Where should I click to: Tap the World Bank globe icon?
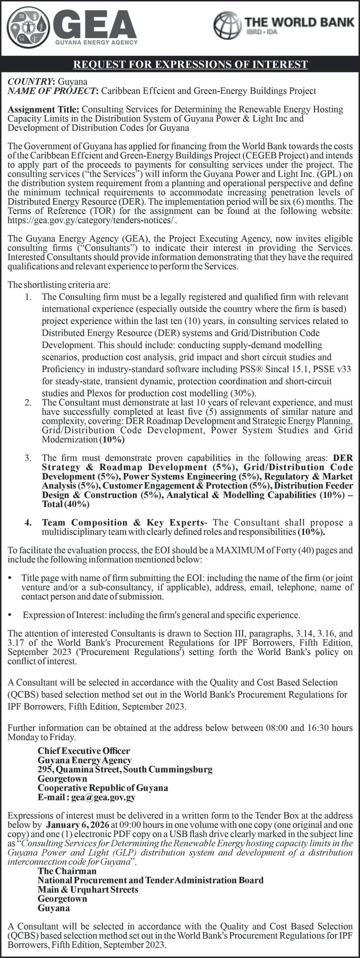227,25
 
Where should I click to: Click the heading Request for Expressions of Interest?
190,64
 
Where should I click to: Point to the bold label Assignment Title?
43,109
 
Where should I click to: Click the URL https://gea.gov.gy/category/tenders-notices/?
91,220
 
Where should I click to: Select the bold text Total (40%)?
66,504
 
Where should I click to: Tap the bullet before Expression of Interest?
10,615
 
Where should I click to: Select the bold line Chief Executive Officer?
84,751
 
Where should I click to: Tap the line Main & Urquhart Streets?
88,890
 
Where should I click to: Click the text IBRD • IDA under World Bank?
261,32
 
